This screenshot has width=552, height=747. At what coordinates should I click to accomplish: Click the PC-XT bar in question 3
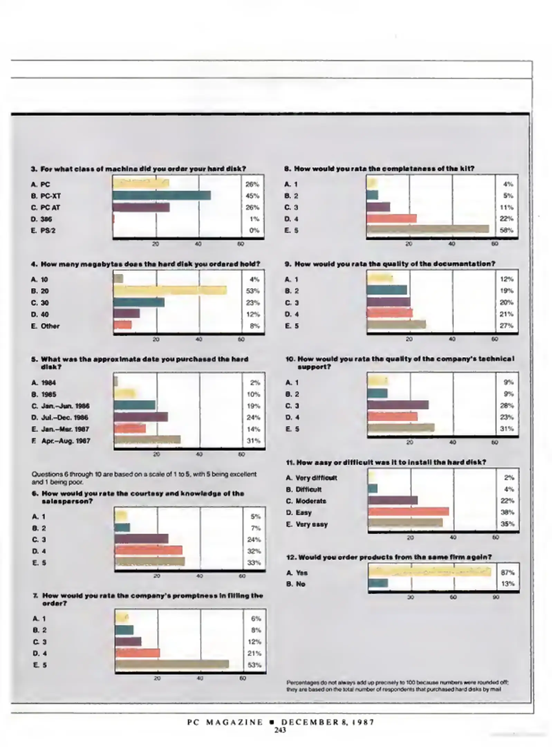coord(161,195)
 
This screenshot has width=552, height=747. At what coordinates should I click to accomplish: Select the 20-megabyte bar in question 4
coord(170,290)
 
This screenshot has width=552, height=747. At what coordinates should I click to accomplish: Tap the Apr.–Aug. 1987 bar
coord(147,440)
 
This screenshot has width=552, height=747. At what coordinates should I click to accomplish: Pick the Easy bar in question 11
coord(408,511)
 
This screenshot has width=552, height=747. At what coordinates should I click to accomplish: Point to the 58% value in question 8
coord(506,230)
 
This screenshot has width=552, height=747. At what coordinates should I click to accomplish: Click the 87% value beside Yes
coord(507,572)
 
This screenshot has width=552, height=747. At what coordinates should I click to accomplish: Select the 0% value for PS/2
coord(254,230)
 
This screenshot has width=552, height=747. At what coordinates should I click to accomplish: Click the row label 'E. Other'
coord(45,326)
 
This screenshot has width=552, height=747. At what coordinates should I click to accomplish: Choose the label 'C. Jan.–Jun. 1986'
coord(60,406)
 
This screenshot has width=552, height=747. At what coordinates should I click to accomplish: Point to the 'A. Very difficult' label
coord(311,478)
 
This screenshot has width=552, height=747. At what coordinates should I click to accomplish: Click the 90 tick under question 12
coord(495,597)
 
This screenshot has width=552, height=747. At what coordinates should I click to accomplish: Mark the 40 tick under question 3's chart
coord(198,244)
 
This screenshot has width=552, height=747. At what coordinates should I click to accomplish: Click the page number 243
coord(280,730)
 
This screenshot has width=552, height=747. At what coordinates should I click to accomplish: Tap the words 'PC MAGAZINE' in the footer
coord(225,722)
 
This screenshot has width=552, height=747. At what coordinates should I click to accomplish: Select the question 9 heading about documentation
coord(390,264)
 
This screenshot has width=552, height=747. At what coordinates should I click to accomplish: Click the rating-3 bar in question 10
coord(397,405)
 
